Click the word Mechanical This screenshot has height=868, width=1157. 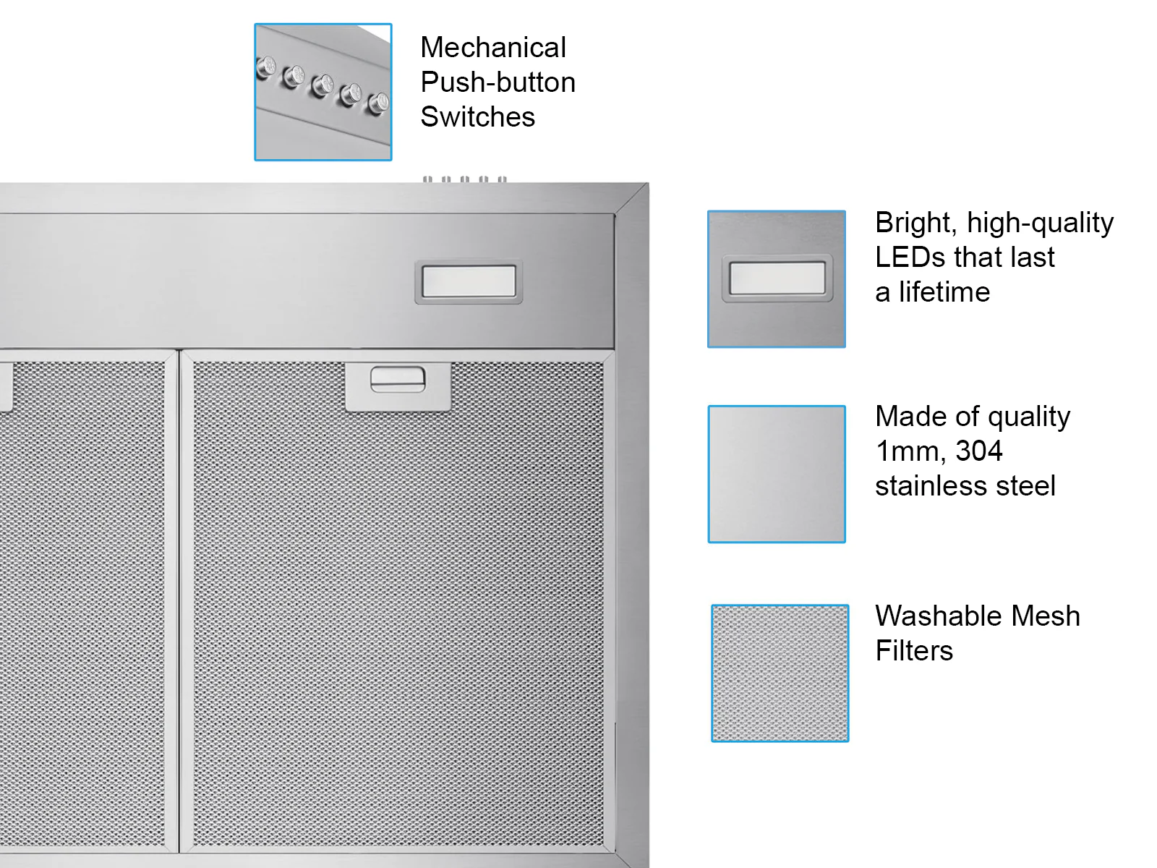click(x=493, y=48)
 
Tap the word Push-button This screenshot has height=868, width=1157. click(x=498, y=82)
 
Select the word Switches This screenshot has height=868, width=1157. click(x=477, y=116)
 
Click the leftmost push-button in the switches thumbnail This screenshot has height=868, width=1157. click(x=265, y=67)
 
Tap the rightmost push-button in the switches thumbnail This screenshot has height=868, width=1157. click(x=378, y=102)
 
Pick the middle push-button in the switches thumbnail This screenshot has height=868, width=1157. click(x=322, y=85)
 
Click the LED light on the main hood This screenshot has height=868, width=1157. click(x=469, y=281)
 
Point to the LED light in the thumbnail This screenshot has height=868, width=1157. click(x=777, y=278)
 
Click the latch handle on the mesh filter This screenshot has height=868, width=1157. click(x=398, y=380)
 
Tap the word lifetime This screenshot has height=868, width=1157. click(x=944, y=292)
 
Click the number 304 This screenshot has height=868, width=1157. click(x=979, y=451)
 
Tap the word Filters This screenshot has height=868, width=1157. click(x=914, y=650)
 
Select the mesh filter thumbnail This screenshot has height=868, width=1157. click(x=780, y=673)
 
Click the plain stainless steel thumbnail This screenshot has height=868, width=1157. click(x=777, y=474)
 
